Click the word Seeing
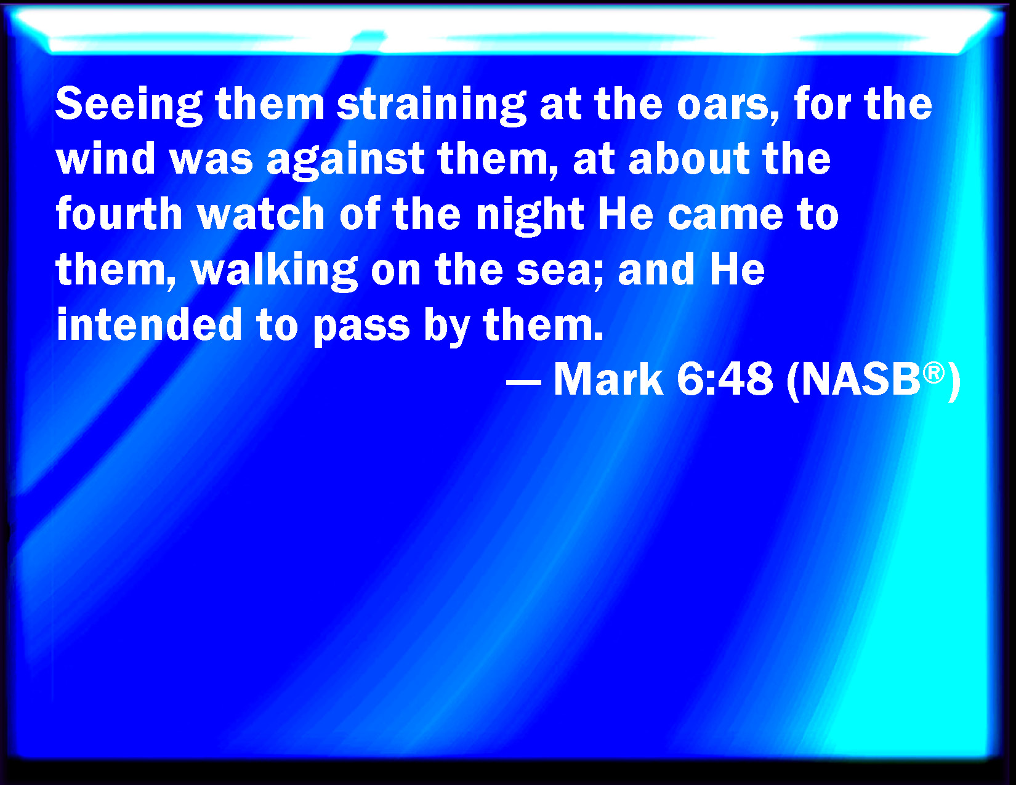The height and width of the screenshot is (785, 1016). pos(129,106)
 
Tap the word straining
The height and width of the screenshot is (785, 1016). pos(431,106)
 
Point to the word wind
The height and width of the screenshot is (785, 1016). pos(105,158)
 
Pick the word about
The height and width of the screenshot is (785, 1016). pos(688,158)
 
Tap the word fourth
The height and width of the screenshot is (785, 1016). pos(119,214)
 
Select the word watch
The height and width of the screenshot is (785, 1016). pos(261,214)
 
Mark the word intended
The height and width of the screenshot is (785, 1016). pos(148,326)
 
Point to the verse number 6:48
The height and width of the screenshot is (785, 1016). pos(724,379)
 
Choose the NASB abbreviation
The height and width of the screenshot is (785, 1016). pos(860,380)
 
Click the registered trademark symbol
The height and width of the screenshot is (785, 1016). pos(933,374)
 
